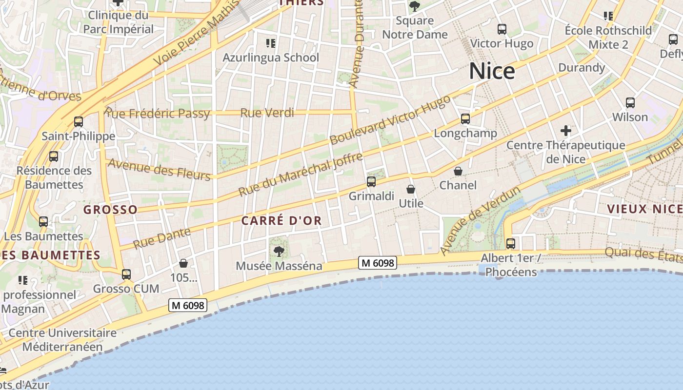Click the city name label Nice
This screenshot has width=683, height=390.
492,71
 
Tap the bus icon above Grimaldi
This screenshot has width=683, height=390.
371,182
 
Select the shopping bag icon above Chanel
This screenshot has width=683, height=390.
458,171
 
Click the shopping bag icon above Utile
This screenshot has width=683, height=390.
411,189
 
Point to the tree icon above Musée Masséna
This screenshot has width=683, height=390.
279,252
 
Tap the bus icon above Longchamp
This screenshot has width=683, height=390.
465,119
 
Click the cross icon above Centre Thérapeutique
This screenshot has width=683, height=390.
566,131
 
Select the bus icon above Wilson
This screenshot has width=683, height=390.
630,103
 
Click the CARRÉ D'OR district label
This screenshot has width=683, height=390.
281,221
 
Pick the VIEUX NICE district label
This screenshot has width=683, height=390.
644,209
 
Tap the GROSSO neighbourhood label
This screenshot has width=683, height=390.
110,210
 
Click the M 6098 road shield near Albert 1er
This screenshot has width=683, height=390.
378,263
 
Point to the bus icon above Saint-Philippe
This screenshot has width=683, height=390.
78,122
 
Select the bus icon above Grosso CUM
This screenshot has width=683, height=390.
126,274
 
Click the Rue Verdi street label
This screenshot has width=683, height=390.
267,113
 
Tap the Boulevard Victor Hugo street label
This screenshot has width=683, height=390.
390,120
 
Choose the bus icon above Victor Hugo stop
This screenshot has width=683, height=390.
502,29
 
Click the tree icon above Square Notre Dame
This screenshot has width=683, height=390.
415,6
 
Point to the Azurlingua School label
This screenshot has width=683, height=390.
271,58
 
